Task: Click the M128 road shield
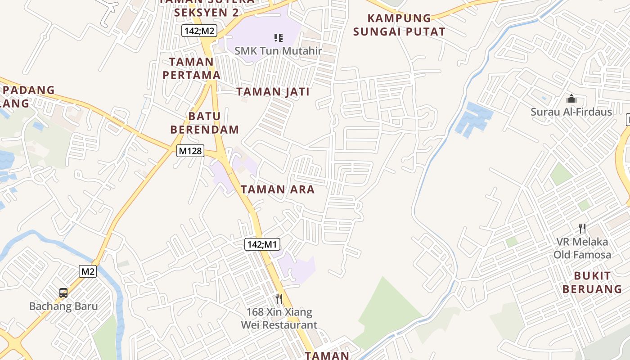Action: click(190, 151)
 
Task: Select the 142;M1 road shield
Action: click(262, 244)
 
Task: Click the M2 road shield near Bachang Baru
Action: click(88, 271)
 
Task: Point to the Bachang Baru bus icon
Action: click(63, 293)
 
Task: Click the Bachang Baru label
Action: click(63, 306)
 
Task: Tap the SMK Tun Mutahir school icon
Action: click(279, 38)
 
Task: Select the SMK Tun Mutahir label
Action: click(279, 51)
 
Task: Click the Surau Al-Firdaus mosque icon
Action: click(571, 99)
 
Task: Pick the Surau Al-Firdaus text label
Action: click(571, 112)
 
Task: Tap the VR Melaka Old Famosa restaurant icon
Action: click(582, 229)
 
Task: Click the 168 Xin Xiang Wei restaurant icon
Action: click(279, 298)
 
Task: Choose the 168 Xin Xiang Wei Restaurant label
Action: click(279, 318)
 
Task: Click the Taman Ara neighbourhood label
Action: click(278, 189)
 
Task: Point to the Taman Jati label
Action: click(273, 92)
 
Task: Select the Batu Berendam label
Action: click(205, 123)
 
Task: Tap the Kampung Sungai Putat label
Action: click(399, 25)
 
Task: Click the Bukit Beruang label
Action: click(592, 282)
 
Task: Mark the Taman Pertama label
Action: click(192, 68)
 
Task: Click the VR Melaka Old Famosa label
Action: click(582, 248)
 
